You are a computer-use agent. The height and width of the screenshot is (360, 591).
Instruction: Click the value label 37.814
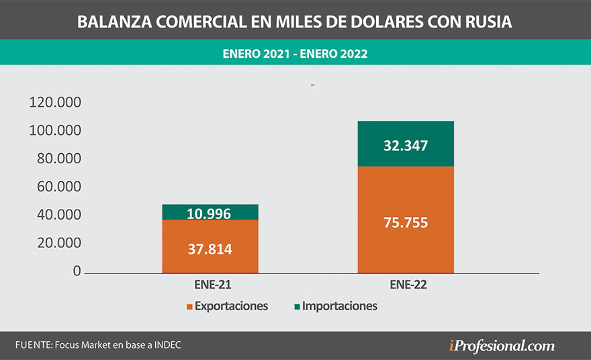[210, 249]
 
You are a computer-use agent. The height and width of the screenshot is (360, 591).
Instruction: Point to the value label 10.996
[209, 214]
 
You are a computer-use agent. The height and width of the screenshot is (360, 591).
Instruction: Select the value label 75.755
[406, 223]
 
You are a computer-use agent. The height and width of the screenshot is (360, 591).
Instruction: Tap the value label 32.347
[406, 146]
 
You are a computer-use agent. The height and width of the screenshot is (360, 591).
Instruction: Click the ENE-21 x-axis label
[210, 285]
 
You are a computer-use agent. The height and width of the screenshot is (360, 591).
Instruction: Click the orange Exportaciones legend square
[189, 307]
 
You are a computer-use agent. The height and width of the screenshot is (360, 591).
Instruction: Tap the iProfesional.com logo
[502, 346]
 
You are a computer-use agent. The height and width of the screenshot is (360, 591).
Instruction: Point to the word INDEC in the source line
[166, 345]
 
